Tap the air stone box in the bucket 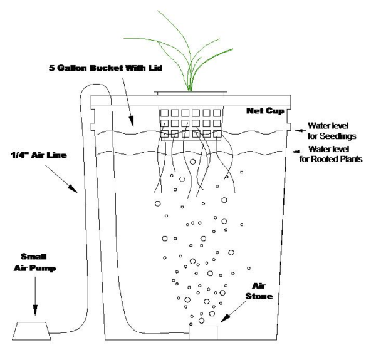203,334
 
